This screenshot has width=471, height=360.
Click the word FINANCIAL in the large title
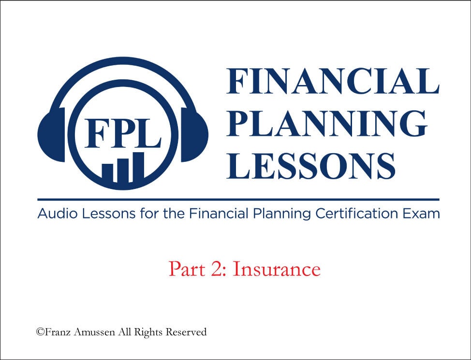pos(333,81)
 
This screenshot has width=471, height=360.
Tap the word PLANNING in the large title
pos(327,123)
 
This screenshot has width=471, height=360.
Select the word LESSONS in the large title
pos(310,166)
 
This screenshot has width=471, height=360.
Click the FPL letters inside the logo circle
pos(123,133)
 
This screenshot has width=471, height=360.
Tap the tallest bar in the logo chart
pos(138,167)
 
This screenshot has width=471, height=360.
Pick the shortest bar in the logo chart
pos(107,173)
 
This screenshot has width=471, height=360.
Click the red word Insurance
pos(276,269)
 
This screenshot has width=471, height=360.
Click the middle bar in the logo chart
pos(123,170)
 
